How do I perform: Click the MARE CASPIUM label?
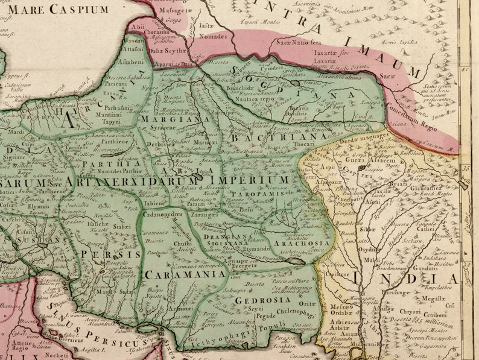pos(59,8)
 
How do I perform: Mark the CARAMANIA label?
pos(179,274)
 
